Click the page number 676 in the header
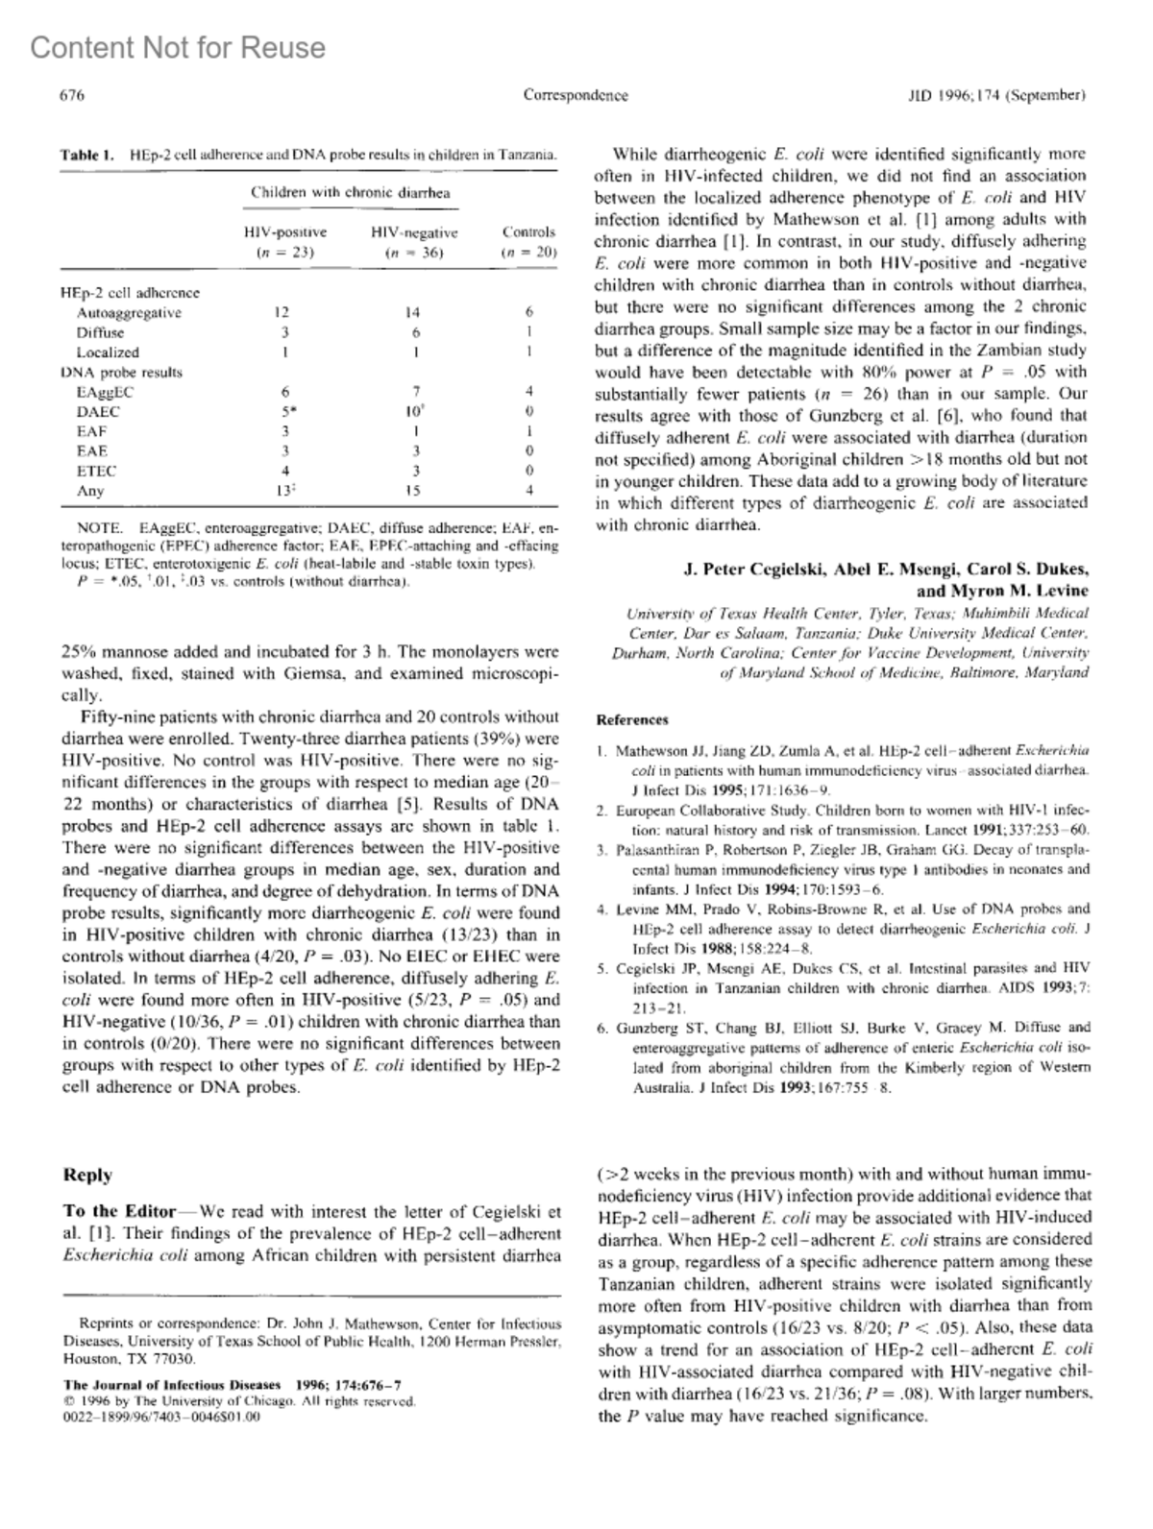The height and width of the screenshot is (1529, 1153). [x=73, y=95]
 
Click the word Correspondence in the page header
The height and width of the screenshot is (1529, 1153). [x=576, y=95]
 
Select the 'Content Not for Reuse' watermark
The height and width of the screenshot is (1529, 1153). [x=178, y=48]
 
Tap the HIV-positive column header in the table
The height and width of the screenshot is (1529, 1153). [x=285, y=232]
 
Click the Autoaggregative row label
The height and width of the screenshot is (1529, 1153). [x=129, y=312]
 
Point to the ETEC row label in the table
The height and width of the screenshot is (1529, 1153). [x=96, y=471]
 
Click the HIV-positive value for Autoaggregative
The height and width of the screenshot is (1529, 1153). [x=282, y=312]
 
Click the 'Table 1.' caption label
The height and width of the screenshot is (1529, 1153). [x=87, y=154]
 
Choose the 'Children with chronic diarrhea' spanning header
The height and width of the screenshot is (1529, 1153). [x=350, y=192]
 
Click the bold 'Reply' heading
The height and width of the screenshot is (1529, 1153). [x=87, y=1175]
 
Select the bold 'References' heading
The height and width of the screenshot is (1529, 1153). [x=631, y=719]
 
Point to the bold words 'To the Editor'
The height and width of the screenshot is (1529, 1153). [x=120, y=1211]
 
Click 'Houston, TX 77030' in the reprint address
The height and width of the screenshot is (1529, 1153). [x=129, y=1359]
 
